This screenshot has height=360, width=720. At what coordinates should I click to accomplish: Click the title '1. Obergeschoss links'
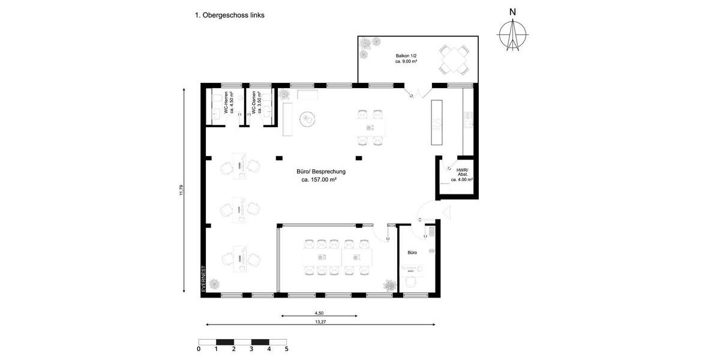coord(230,16)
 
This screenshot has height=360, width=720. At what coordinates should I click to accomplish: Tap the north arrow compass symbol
coord(512,33)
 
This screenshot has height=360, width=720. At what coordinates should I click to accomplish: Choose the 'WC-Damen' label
coord(256,103)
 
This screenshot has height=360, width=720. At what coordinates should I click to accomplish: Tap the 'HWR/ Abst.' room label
coord(462,175)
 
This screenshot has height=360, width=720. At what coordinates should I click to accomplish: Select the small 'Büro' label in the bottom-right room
coord(412,253)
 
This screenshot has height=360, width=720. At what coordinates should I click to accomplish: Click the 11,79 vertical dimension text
coord(182,190)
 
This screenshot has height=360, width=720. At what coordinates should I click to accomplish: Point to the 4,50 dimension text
coord(319,313)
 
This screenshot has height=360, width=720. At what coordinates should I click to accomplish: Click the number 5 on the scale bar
coord(286,349)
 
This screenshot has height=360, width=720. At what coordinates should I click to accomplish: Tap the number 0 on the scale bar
coord(199,349)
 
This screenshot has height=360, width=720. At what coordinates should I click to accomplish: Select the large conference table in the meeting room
coord(337,257)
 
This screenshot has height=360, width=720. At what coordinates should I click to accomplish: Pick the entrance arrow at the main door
coord(446,211)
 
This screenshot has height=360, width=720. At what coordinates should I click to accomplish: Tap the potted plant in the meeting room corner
coord(389,285)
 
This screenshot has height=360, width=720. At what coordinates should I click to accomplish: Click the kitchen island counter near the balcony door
coord(437,122)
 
